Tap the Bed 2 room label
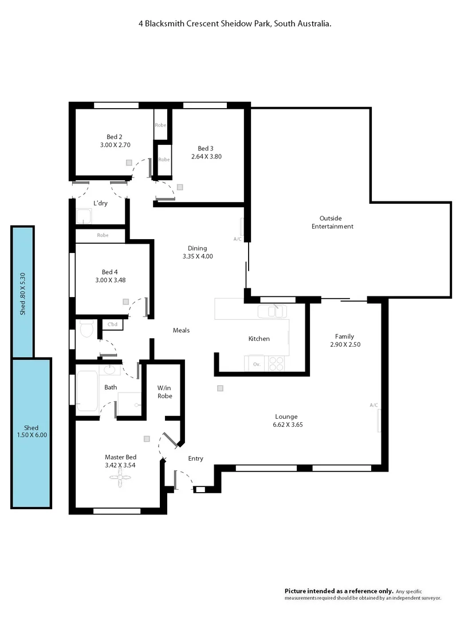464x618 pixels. (x=115, y=137)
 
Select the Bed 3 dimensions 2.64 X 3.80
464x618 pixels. (x=206, y=156)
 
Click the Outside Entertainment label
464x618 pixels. (x=332, y=222)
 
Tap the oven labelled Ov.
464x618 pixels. (x=256, y=363)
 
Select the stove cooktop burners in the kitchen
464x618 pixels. (x=276, y=363)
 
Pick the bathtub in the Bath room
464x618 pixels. (x=87, y=391)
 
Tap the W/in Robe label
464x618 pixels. (x=164, y=392)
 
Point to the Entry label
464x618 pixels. (x=196, y=458)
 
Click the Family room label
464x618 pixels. (x=345, y=336)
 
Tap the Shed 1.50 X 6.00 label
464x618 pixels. (x=32, y=431)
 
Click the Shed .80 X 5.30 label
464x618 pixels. (x=23, y=292)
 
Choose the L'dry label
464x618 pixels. (x=101, y=203)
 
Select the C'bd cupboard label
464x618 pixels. (x=113, y=325)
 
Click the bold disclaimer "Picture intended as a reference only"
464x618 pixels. (x=339, y=591)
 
